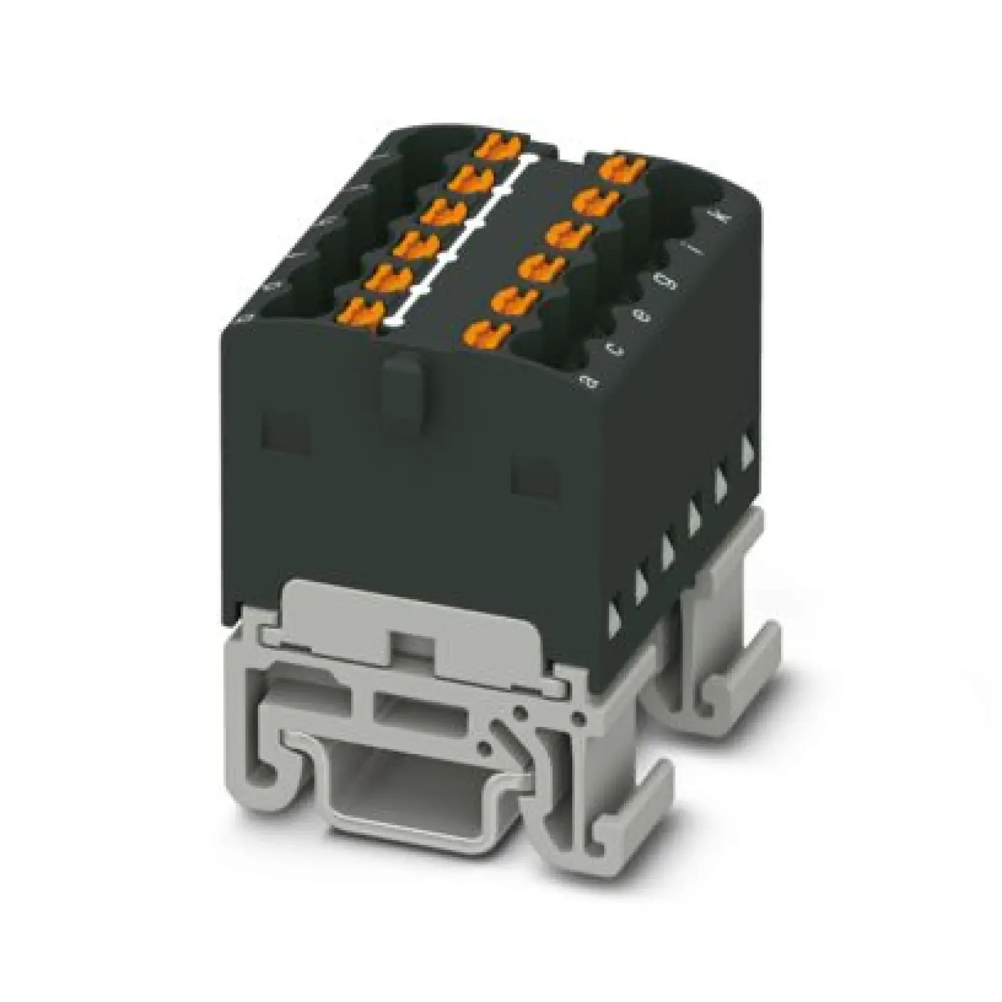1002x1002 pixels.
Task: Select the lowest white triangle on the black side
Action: click(x=616, y=617)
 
